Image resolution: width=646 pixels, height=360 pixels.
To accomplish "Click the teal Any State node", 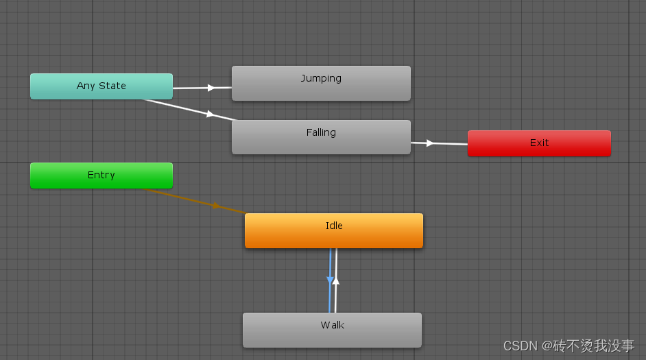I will point(101,86).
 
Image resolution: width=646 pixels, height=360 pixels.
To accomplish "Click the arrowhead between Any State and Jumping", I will point(211,88).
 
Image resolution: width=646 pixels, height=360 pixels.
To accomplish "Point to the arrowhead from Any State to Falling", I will point(210,114).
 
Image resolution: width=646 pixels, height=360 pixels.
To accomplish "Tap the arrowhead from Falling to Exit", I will point(430,143).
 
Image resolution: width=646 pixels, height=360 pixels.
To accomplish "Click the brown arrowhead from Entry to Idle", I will point(217,206).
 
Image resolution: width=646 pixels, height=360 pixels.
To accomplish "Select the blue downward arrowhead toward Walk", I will point(330,280).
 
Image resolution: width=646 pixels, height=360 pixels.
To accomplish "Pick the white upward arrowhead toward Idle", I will point(336,280).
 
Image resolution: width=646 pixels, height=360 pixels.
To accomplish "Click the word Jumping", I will point(321,78).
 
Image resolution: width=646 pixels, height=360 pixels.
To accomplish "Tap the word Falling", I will point(321,132).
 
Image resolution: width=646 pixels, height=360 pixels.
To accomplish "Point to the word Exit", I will point(539,143).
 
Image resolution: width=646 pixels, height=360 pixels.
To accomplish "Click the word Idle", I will point(334,226).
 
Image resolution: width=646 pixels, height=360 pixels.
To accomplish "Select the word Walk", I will point(332,325).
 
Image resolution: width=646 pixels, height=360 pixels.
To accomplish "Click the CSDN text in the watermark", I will point(521,346).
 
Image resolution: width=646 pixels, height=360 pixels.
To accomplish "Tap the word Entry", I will point(101,175).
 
